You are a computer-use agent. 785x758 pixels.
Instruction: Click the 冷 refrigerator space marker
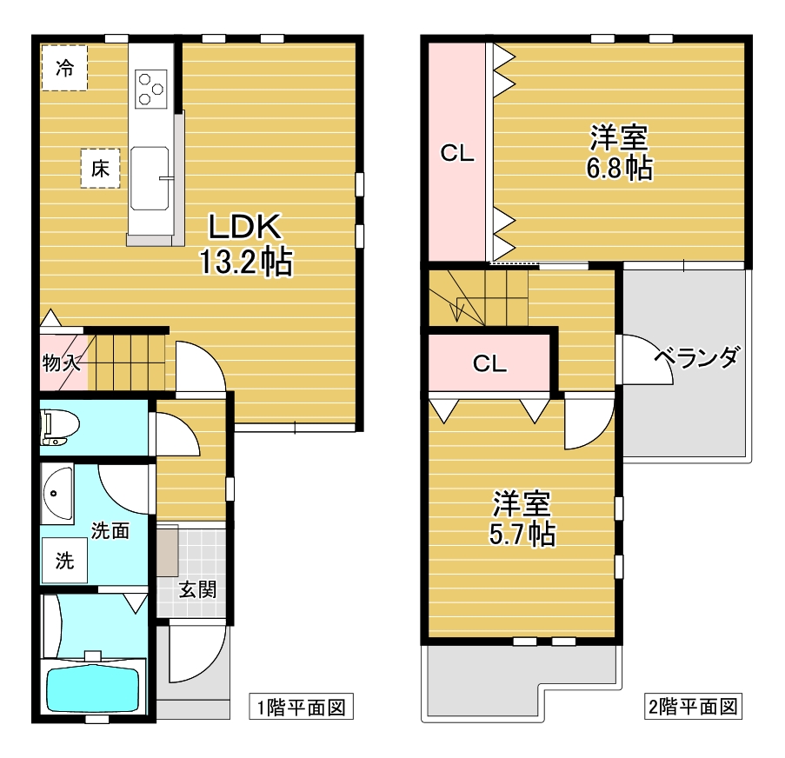click(64, 66)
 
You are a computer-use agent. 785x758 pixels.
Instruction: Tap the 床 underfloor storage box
click(100, 169)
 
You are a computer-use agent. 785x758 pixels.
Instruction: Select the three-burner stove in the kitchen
click(151, 87)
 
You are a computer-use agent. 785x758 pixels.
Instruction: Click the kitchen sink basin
click(151, 178)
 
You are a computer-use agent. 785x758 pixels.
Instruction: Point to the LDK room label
click(244, 228)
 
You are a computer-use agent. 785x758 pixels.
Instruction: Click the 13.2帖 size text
click(245, 261)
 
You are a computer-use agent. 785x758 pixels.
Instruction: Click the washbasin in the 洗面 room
click(57, 493)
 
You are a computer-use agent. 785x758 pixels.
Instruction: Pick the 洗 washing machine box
click(65, 561)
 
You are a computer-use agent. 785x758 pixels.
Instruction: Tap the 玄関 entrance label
click(197, 589)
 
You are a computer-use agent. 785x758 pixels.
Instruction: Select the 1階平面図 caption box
click(301, 707)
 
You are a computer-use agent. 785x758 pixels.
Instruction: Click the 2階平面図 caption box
click(692, 706)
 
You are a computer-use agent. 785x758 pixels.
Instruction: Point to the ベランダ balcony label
click(696, 358)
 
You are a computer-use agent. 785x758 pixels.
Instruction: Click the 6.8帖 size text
click(618, 168)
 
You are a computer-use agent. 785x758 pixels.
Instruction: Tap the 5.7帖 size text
click(521, 534)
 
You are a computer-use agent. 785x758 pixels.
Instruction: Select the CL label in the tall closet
click(456, 155)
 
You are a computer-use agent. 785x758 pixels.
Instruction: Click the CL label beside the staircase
click(489, 363)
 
